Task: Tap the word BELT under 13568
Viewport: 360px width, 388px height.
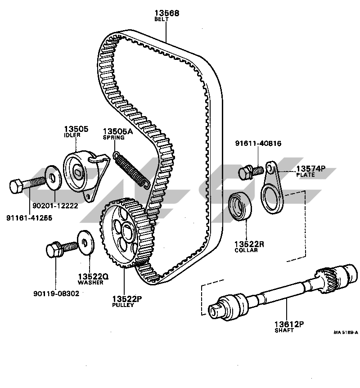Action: (161, 20)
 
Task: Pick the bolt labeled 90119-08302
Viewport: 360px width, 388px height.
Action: (60, 248)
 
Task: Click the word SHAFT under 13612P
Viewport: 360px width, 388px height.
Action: (283, 330)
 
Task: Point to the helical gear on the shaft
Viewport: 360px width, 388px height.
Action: (327, 280)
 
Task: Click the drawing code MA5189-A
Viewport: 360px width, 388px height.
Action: (346, 333)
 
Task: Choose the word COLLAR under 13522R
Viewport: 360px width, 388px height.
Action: (246, 250)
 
